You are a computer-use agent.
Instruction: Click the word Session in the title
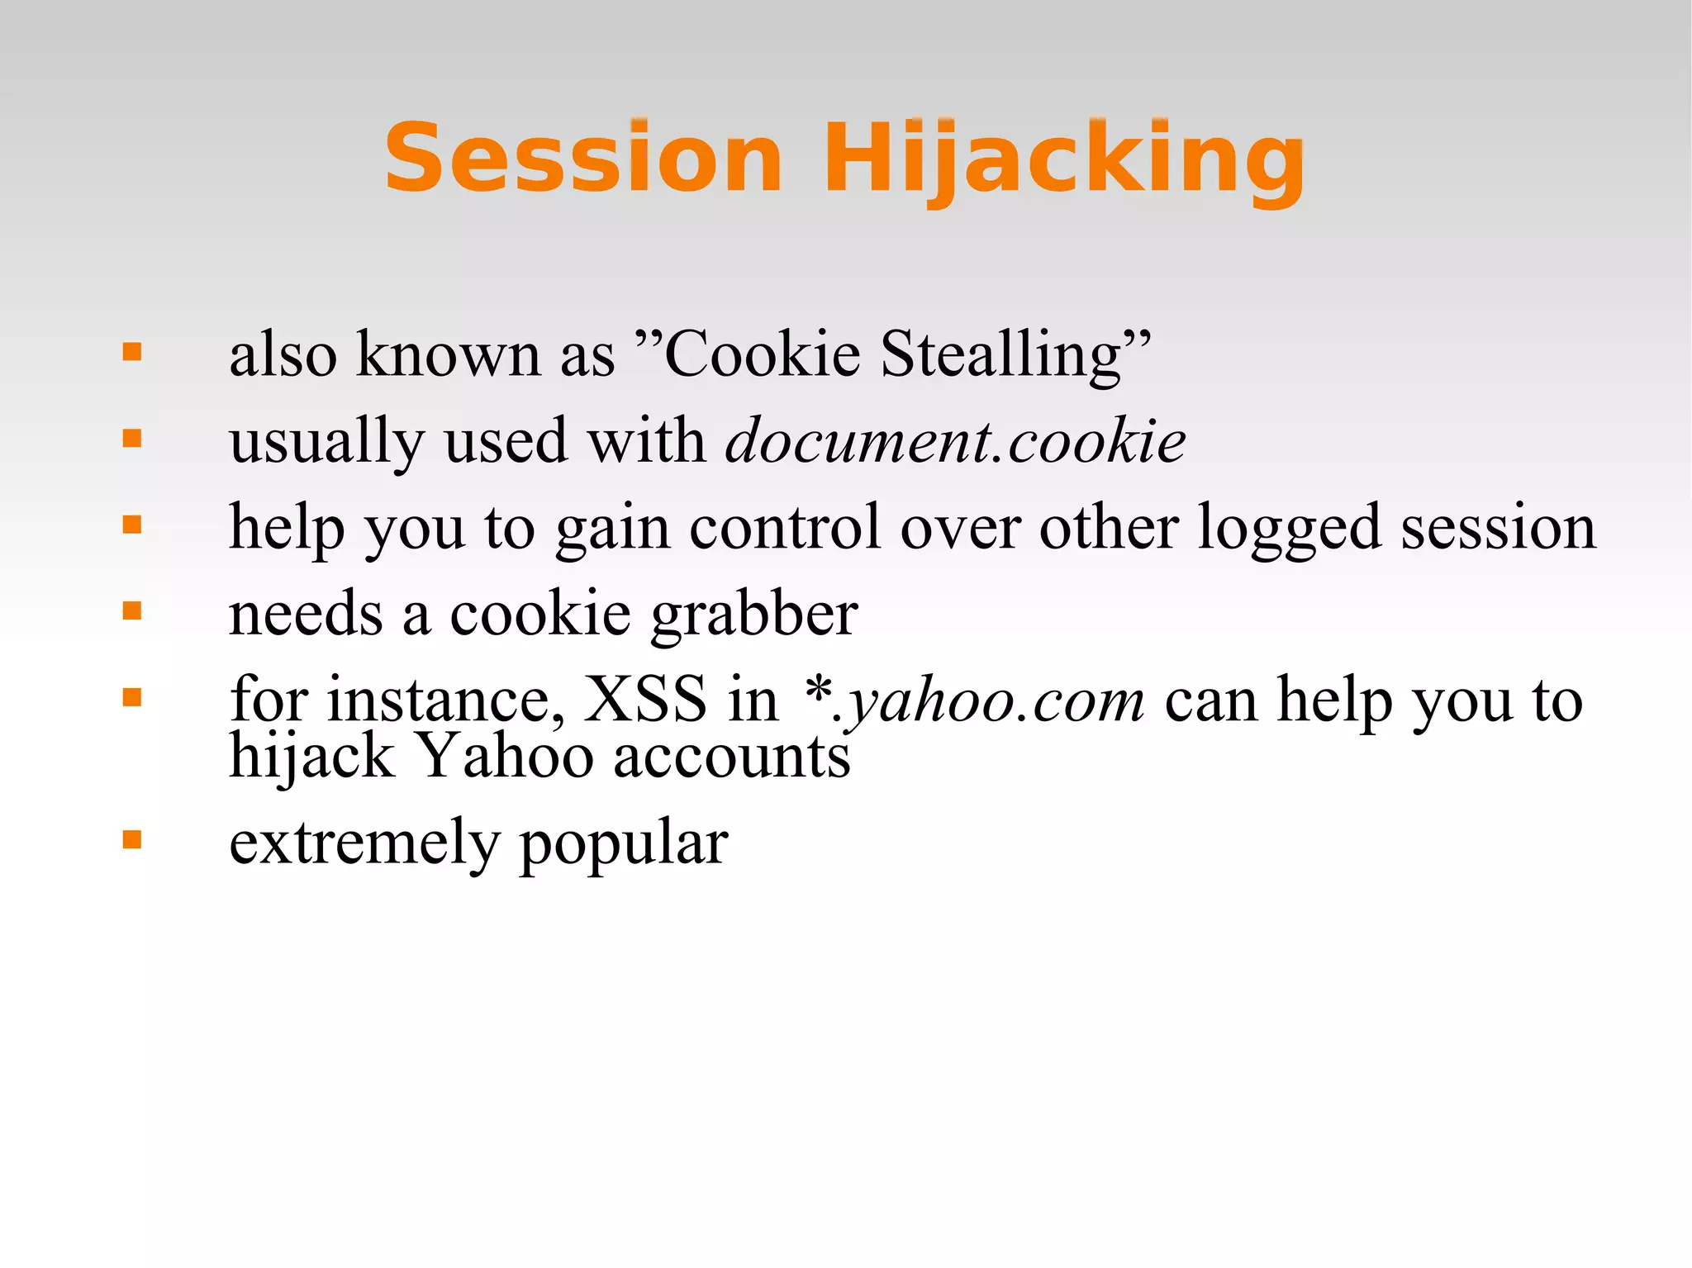tap(583, 157)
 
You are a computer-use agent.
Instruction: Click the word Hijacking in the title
tap(1063, 159)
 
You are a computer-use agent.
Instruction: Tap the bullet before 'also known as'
tap(132, 353)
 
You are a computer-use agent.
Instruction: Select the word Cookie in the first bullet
tap(762, 354)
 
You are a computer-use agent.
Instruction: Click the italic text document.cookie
tap(955, 441)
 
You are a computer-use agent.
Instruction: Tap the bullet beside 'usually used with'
tap(132, 439)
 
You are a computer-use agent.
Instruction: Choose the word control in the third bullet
tap(785, 527)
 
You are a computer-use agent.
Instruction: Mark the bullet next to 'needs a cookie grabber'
tap(132, 611)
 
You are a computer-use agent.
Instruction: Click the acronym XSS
tap(645, 700)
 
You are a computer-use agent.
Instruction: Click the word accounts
tap(731, 757)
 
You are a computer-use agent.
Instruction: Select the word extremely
tap(364, 843)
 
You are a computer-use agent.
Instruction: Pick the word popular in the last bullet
tap(624, 845)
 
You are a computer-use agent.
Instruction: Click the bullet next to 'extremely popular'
tap(132, 840)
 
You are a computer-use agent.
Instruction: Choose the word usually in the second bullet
tap(326, 441)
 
